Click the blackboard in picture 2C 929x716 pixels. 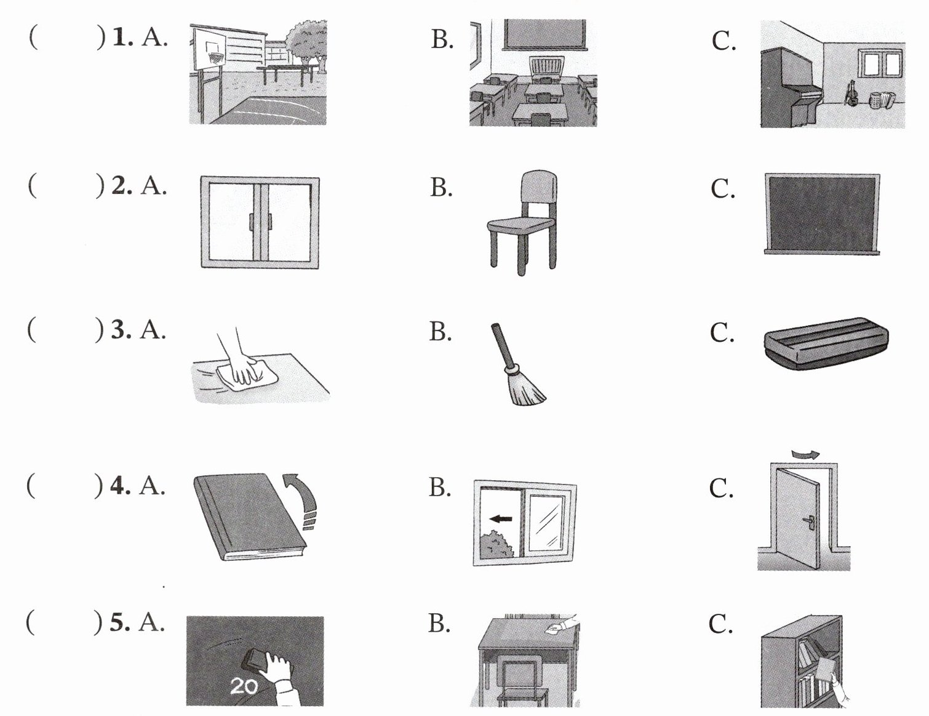(x=822, y=213)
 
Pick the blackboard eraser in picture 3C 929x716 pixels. (x=826, y=344)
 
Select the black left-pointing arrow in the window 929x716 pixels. (x=501, y=518)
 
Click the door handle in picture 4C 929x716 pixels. (x=810, y=523)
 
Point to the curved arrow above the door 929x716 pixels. (x=805, y=454)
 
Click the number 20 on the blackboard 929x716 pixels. (x=244, y=685)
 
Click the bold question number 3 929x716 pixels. (x=121, y=330)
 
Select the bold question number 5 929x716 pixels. (x=120, y=622)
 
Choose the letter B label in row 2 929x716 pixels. (x=441, y=187)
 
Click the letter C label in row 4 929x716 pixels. (x=720, y=488)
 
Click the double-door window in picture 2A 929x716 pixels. (x=260, y=222)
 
